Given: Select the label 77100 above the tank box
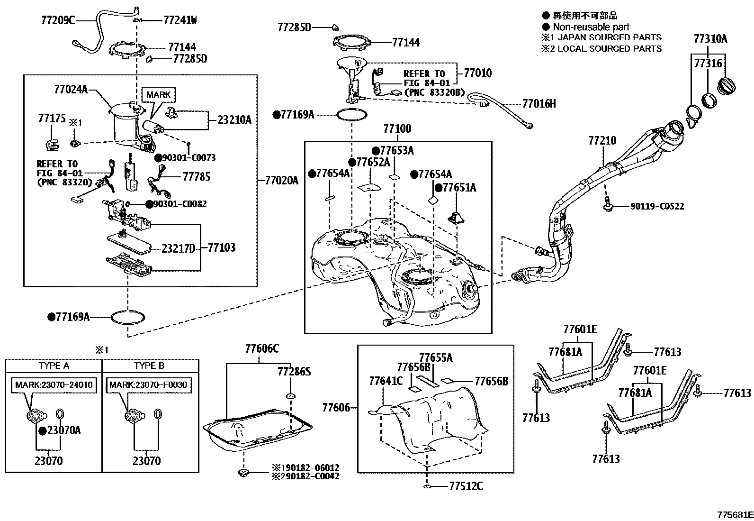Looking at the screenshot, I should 397,128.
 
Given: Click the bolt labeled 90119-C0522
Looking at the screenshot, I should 607,206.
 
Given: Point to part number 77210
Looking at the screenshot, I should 602,141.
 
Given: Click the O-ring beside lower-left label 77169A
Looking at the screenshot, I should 128,317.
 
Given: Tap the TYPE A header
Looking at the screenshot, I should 54,366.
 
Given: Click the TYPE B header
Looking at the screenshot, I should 149,366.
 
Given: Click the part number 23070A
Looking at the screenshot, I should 63,430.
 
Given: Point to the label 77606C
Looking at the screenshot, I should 262,349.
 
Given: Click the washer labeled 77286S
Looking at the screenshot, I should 291,395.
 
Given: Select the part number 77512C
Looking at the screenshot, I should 466,486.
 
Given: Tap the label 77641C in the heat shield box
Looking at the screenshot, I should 385,381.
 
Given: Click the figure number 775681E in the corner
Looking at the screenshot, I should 734,515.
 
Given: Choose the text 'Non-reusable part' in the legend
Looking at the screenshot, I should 591,27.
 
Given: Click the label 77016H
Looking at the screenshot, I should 539,103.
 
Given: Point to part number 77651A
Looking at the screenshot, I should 459,188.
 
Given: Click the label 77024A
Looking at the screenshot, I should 71,89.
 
